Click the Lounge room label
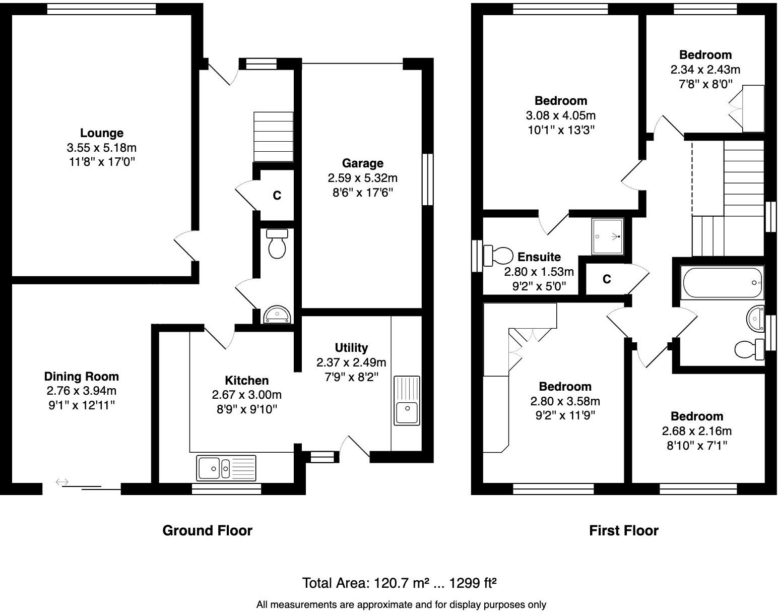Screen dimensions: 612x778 point(102,133)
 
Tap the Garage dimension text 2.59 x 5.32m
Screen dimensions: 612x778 point(362,178)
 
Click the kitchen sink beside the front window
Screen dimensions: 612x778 point(227,468)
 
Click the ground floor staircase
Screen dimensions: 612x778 point(273,137)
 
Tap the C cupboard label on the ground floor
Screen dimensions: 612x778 point(277,196)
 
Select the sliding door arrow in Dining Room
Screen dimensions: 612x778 point(62,482)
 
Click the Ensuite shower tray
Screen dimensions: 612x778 point(608,236)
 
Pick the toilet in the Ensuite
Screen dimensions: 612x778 point(496,255)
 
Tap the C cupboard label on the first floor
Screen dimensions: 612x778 point(607,279)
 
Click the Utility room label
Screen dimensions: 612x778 point(351,347)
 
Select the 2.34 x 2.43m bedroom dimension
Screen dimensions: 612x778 point(705,70)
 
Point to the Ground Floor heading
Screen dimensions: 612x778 point(207,530)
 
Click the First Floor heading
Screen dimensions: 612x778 point(623,530)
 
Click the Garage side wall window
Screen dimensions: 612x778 point(427,179)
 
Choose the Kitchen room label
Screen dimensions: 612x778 point(246,381)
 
